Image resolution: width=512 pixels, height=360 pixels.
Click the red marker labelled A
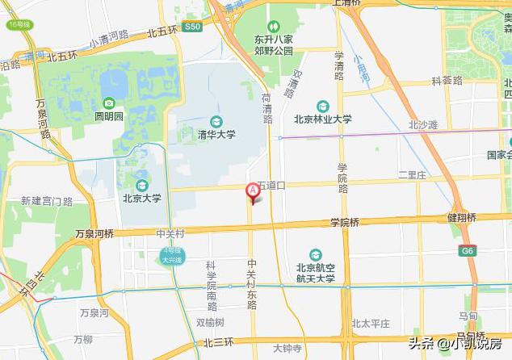(252, 191)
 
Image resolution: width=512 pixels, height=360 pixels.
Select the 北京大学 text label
(141, 198)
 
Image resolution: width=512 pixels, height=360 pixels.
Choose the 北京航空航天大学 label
(315, 274)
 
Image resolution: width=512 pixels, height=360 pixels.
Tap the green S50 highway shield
(191, 27)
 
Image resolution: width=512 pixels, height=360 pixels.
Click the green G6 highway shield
(468, 251)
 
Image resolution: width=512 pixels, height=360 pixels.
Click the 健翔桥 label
(461, 218)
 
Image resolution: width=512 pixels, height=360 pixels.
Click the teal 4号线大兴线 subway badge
(171, 257)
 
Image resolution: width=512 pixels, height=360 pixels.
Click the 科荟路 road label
(447, 81)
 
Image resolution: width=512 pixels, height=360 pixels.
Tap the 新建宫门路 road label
(47, 200)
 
